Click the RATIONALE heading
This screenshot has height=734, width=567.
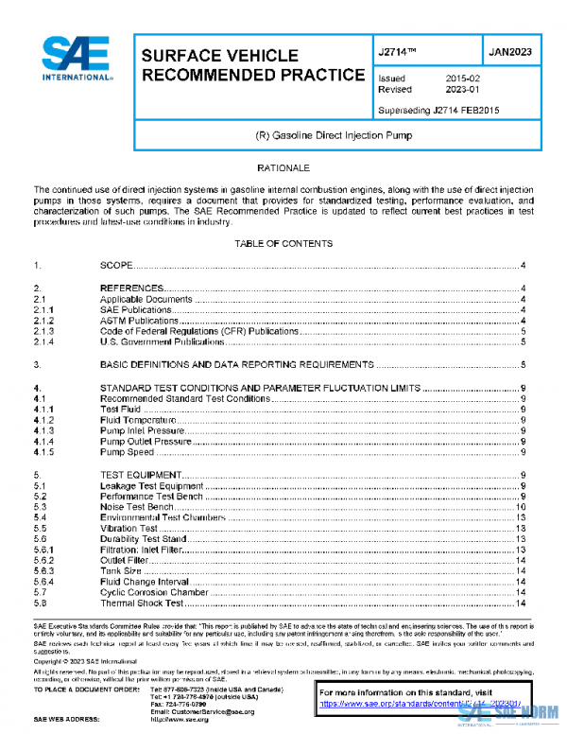pos(283,167)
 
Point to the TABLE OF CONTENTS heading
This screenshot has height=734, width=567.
pos(283,243)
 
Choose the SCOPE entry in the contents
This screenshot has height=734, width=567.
pos(116,268)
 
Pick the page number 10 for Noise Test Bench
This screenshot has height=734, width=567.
pos(520,507)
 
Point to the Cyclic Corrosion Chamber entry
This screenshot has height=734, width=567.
pos(154,592)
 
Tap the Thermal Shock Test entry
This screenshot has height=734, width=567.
pos(142,603)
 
